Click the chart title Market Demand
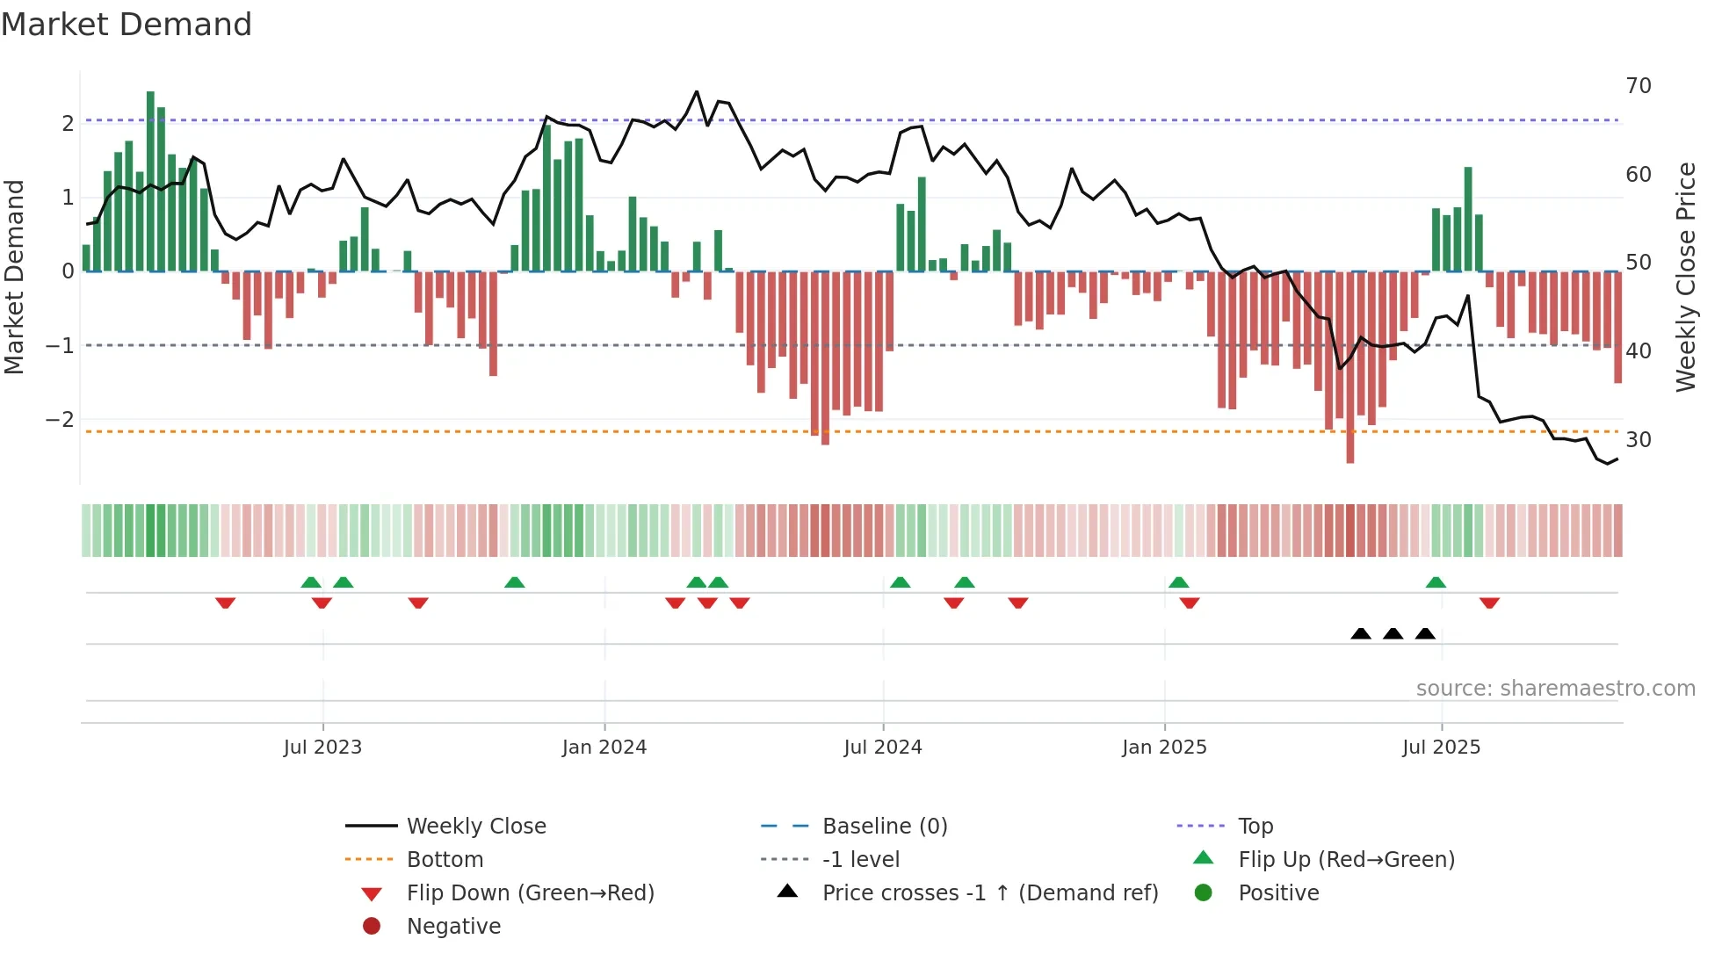click(127, 25)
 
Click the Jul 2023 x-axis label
click(322, 748)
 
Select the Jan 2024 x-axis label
click(604, 748)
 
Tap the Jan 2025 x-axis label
click(1164, 748)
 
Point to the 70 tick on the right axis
click(1638, 86)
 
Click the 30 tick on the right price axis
click(1638, 439)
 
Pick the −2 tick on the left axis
click(60, 420)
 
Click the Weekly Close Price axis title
click(1685, 277)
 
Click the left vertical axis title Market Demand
click(15, 277)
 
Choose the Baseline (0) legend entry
click(884, 827)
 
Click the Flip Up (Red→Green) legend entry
click(1346, 860)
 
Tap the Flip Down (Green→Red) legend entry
click(530, 893)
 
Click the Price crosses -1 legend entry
click(989, 893)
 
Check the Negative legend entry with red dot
click(453, 927)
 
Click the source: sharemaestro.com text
click(1555, 689)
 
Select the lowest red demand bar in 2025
click(1349, 369)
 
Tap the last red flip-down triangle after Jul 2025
click(1489, 603)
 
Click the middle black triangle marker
click(1393, 633)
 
